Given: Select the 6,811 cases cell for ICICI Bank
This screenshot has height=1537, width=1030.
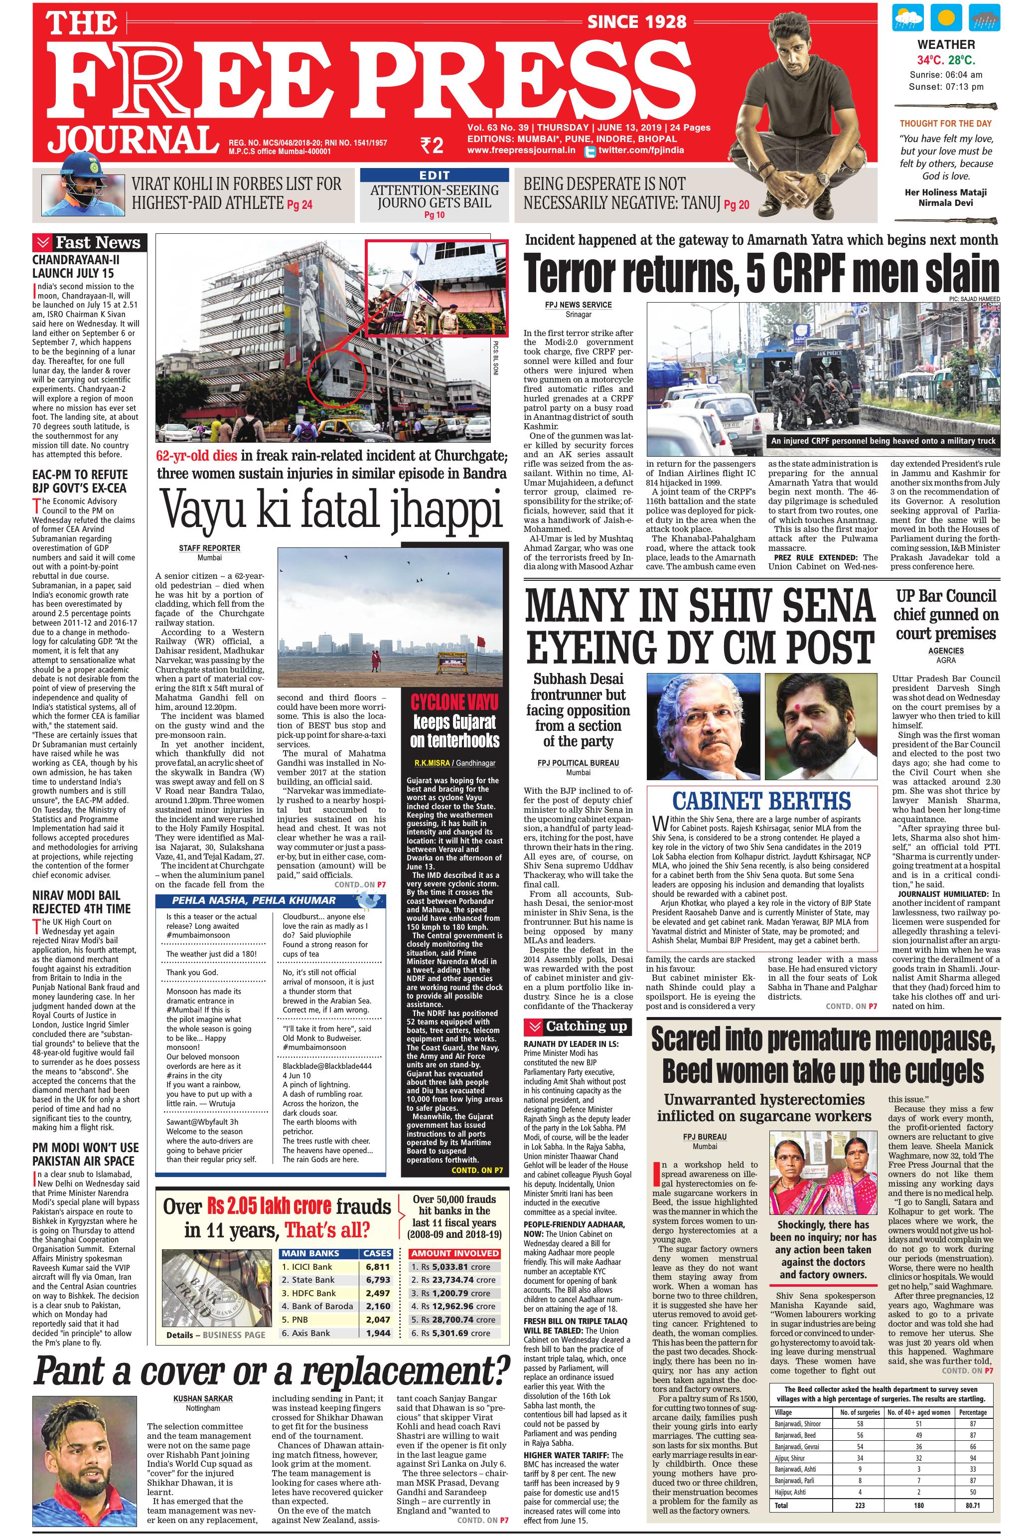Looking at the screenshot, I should pyautogui.click(x=378, y=1266).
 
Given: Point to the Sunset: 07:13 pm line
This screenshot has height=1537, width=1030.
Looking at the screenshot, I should pyautogui.click(x=945, y=87).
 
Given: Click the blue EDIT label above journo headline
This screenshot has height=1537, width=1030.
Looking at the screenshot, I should pyautogui.click(x=434, y=175).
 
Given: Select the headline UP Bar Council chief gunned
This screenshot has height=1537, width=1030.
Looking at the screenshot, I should pyautogui.click(x=945, y=614).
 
